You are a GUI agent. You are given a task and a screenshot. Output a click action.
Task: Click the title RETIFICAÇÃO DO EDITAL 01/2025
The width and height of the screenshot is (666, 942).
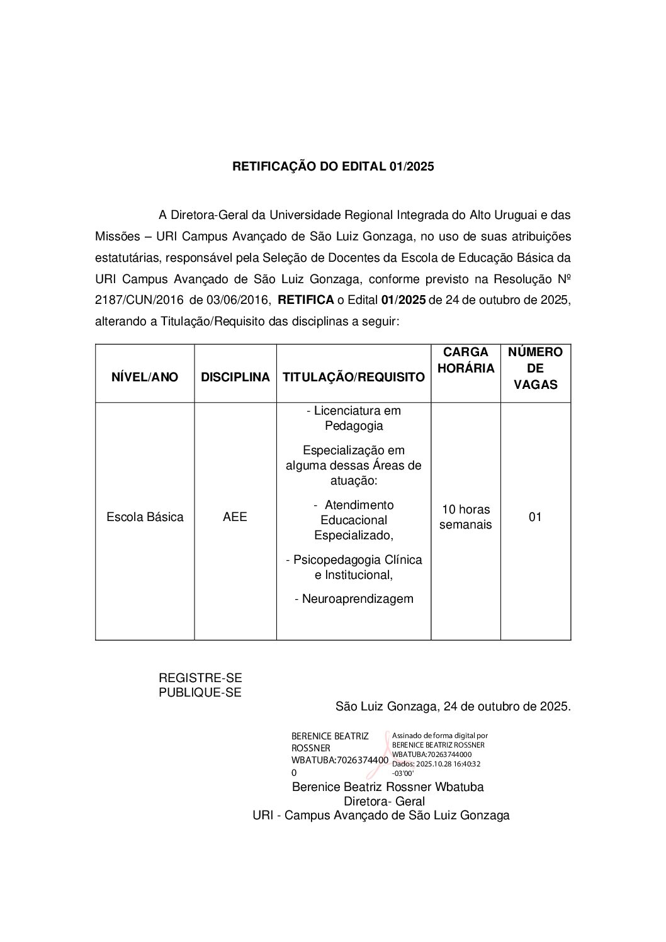(333, 167)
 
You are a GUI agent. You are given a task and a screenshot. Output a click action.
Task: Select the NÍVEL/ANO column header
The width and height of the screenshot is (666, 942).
(145, 377)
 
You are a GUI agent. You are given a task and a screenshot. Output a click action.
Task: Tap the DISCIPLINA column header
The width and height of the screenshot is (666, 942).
(235, 377)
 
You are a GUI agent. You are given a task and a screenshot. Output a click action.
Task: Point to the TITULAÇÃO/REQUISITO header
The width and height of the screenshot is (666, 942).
(353, 377)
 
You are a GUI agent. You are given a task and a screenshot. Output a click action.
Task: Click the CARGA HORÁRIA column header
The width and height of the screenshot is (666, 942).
(466, 360)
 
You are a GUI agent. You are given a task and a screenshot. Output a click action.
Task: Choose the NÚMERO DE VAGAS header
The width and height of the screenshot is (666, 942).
(535, 368)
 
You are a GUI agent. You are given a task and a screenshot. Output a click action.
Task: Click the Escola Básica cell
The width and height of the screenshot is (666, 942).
(145, 517)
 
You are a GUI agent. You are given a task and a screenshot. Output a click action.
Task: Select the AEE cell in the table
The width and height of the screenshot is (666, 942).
(235, 517)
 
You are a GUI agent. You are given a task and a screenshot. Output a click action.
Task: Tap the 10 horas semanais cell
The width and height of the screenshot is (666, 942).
(466, 517)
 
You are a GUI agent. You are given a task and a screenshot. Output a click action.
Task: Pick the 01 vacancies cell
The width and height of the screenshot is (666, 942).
(535, 517)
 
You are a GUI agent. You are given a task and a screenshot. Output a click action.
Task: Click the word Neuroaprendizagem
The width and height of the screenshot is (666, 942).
(354, 599)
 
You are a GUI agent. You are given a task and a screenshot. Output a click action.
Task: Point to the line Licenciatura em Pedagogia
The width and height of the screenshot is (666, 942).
(354, 418)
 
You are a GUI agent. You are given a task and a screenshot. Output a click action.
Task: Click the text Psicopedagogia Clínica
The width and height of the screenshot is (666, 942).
(354, 560)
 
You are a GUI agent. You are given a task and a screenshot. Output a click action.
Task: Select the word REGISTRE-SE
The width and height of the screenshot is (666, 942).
(200, 678)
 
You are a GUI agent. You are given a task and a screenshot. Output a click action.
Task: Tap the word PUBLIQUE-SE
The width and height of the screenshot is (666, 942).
(200, 692)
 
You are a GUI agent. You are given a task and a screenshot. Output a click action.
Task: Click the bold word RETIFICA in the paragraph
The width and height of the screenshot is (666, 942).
(305, 300)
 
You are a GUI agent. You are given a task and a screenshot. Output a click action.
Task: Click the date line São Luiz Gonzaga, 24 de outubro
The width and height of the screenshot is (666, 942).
(453, 707)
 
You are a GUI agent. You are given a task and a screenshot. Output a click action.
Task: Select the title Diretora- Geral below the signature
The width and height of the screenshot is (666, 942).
(384, 802)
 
